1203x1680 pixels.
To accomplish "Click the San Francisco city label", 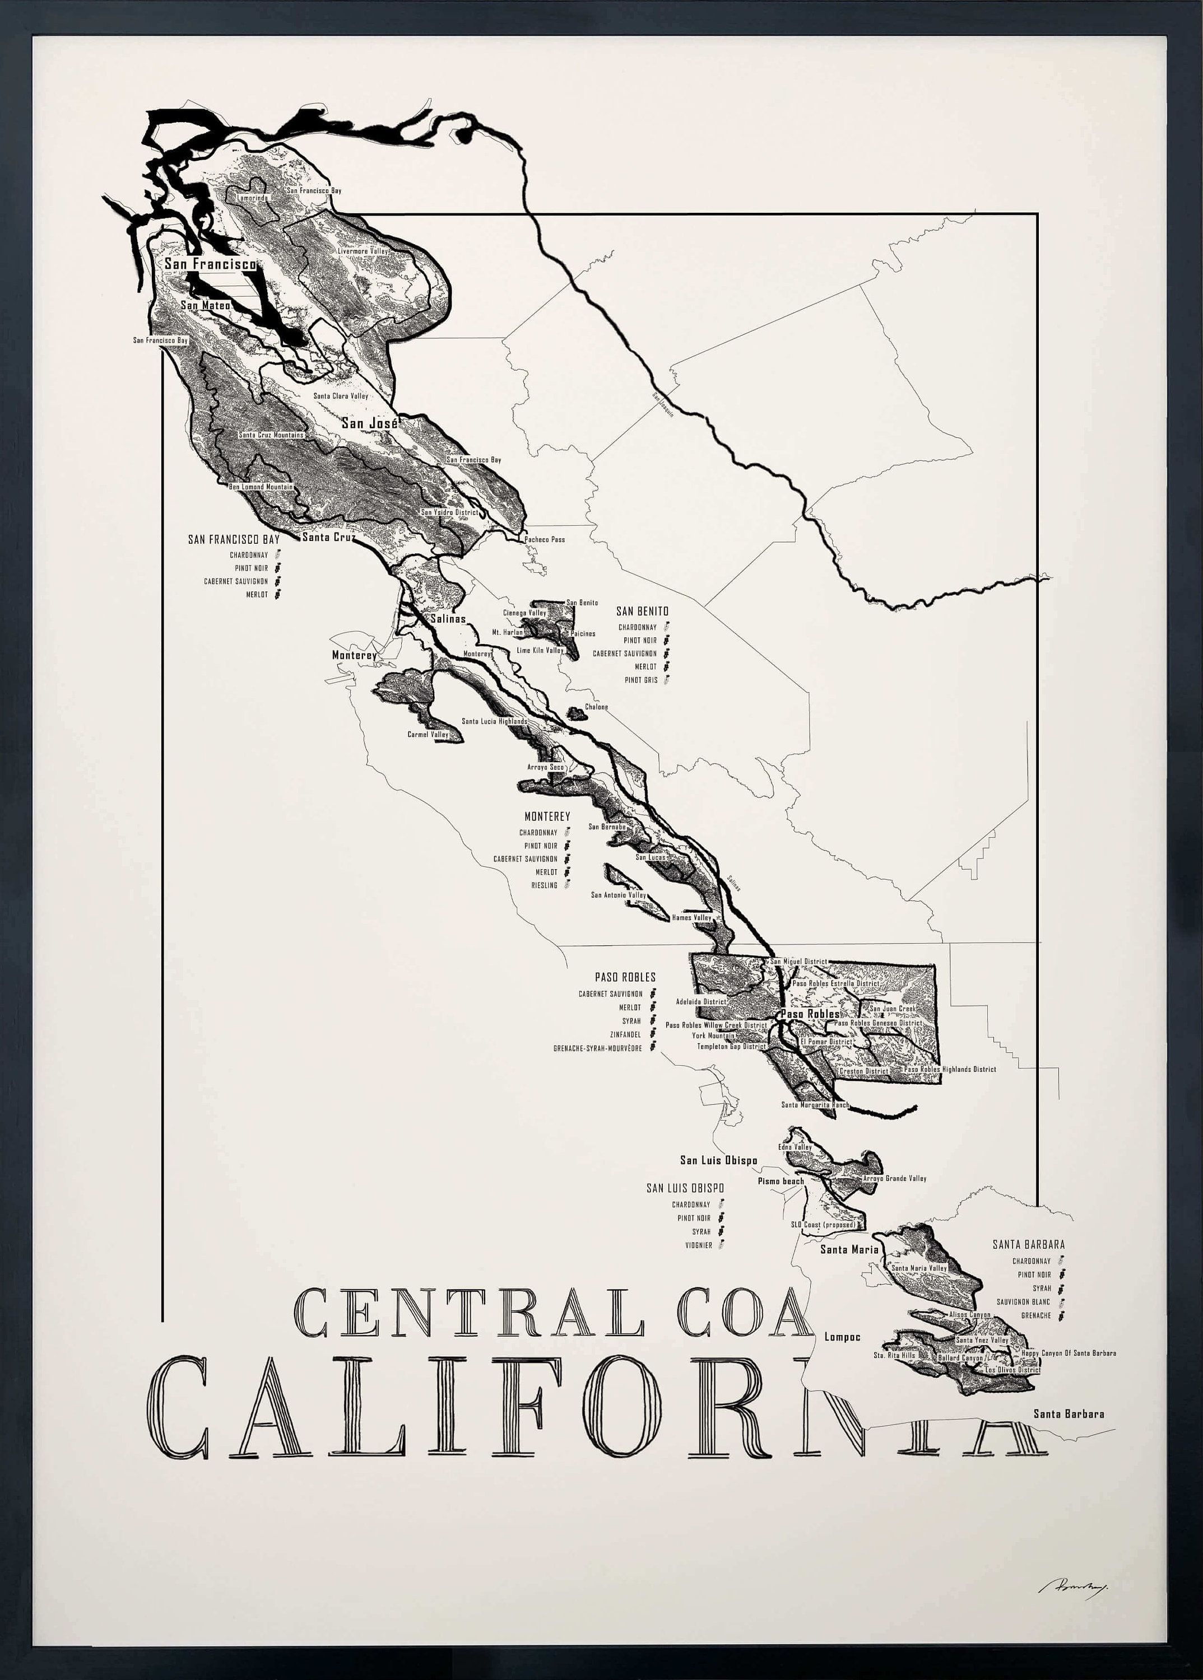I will (210, 264).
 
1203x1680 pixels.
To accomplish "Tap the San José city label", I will (370, 423).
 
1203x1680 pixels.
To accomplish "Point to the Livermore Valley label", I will (363, 251).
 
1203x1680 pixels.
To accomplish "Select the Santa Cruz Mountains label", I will (271, 435).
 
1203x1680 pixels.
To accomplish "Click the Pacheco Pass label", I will (545, 539).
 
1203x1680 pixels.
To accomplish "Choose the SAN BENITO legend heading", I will (642, 611).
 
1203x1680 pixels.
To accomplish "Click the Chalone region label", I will (596, 707).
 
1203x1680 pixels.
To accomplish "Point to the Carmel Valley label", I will (428, 735).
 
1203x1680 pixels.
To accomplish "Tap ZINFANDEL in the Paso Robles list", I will (625, 1034).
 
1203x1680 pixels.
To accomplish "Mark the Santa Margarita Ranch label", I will (815, 1105).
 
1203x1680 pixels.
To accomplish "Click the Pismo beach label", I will (781, 1181).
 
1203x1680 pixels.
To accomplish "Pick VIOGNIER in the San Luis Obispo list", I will (699, 1245).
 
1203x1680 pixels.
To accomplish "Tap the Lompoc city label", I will (842, 1337).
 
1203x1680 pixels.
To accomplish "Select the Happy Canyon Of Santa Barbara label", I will (1068, 1353).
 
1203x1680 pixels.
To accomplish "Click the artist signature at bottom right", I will (1072, 1584).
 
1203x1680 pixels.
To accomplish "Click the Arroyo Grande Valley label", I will (894, 1178).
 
